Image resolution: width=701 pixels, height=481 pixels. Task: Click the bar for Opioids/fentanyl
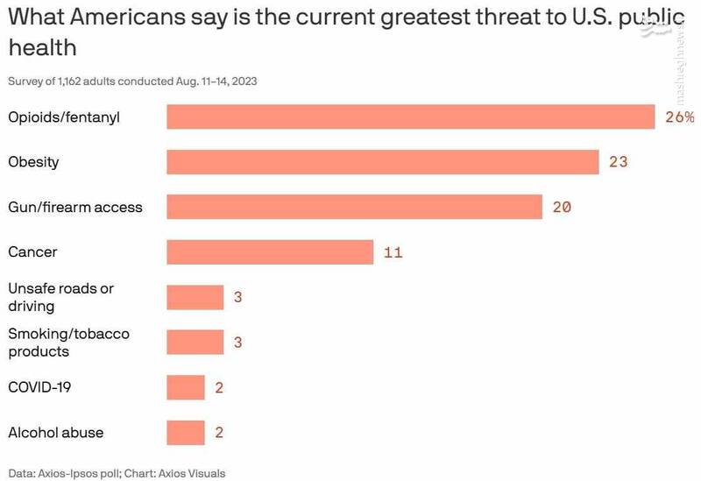tap(411, 117)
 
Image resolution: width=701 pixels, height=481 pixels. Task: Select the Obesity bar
tap(383, 162)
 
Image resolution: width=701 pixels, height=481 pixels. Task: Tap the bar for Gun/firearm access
tap(355, 207)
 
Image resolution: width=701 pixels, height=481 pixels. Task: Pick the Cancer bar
tap(270, 252)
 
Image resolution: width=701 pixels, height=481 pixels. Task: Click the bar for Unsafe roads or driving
tap(195, 297)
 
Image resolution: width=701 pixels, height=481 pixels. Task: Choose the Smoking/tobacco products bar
tap(195, 342)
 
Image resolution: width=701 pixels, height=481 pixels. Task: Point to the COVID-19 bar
tap(186, 387)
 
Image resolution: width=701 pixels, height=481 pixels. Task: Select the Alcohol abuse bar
tap(186, 432)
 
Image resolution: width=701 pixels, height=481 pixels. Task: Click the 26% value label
tap(679, 117)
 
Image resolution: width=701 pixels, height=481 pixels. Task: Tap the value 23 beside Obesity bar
tap(618, 162)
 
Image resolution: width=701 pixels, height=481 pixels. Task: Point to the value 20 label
tap(562, 208)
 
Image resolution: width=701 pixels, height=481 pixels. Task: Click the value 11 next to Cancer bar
tap(393, 252)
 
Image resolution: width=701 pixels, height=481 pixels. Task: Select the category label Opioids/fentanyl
tap(63, 117)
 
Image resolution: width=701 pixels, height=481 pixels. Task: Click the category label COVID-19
tap(39, 387)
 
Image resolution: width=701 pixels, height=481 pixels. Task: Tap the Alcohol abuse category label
tap(55, 432)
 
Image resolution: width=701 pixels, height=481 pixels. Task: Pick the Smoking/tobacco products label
tap(68, 342)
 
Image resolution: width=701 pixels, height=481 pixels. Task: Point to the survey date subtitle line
tap(132, 81)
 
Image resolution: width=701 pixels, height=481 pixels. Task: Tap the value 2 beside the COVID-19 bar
tap(219, 387)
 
